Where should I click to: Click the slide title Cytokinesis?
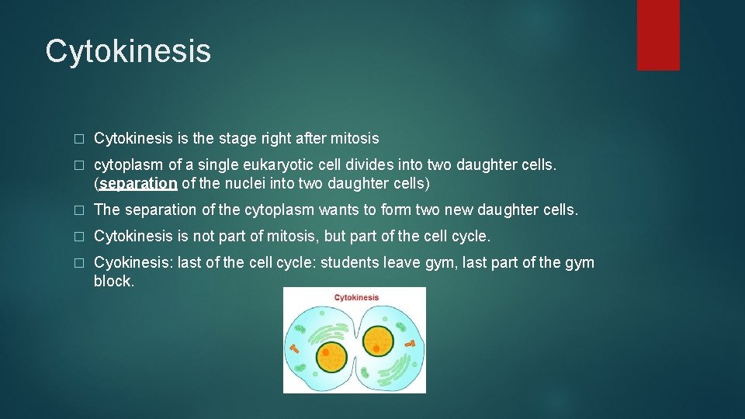click(x=128, y=51)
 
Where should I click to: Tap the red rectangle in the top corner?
click(x=658, y=35)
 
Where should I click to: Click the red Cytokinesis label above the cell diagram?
click(x=356, y=297)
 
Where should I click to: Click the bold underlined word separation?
click(x=138, y=184)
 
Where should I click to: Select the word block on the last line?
click(x=113, y=281)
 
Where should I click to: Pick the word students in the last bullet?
click(x=348, y=262)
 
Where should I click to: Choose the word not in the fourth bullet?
click(x=204, y=236)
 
